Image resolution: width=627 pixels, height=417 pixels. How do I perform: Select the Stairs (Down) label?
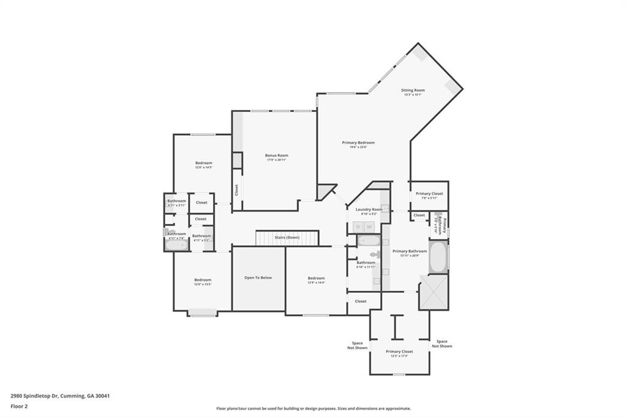coord(287,237)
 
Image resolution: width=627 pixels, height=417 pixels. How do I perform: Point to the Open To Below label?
coord(258,278)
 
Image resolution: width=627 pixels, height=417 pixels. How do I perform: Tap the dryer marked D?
coord(359,227)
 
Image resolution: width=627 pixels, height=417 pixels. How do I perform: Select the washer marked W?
coord(369,227)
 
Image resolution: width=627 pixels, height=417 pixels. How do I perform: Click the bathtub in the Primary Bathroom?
coord(437,257)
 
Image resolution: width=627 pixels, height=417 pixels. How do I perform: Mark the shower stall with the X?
coord(434,292)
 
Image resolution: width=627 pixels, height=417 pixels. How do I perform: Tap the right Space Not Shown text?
coord(441,344)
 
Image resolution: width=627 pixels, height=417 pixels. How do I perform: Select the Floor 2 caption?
coord(20,405)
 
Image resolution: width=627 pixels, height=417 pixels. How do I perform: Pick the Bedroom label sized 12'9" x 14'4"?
coord(316,280)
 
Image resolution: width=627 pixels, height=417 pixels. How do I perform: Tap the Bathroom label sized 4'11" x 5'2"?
coord(201,237)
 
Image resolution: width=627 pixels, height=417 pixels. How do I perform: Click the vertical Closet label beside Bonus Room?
coord(236,191)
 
